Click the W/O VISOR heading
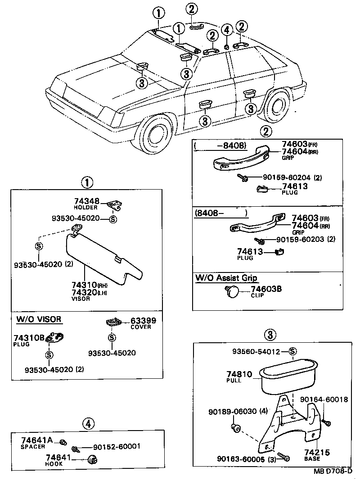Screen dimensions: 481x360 [39, 320]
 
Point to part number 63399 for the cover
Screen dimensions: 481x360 [143, 321]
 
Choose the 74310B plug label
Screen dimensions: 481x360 [29, 338]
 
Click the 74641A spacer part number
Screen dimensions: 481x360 [37, 440]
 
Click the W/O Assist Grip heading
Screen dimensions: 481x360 [226, 278]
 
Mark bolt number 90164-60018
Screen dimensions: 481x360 [324, 399]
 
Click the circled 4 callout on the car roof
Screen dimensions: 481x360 [227, 31]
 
